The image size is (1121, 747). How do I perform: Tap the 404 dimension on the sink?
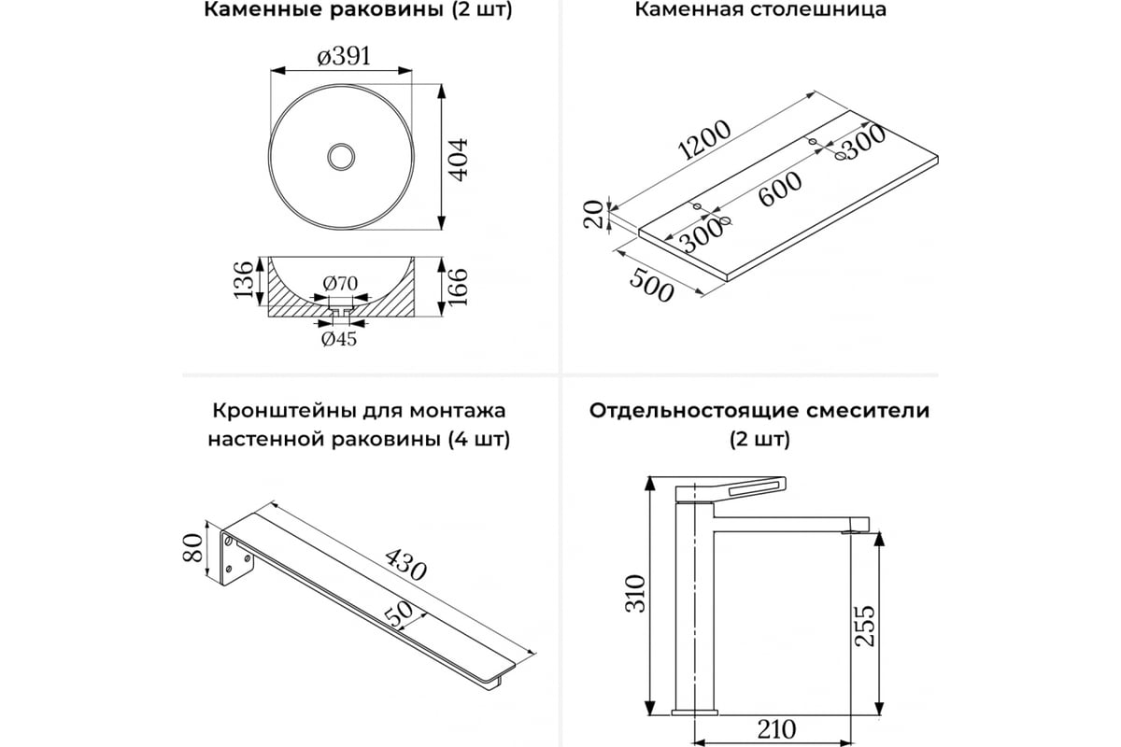pyautogui.click(x=458, y=162)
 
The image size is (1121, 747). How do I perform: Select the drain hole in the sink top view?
pyautogui.click(x=342, y=155)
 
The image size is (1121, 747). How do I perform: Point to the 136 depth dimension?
pyautogui.click(x=243, y=280)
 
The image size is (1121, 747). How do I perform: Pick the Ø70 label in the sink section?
pyautogui.click(x=342, y=283)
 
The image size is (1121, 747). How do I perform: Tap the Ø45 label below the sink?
pyautogui.click(x=339, y=339)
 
